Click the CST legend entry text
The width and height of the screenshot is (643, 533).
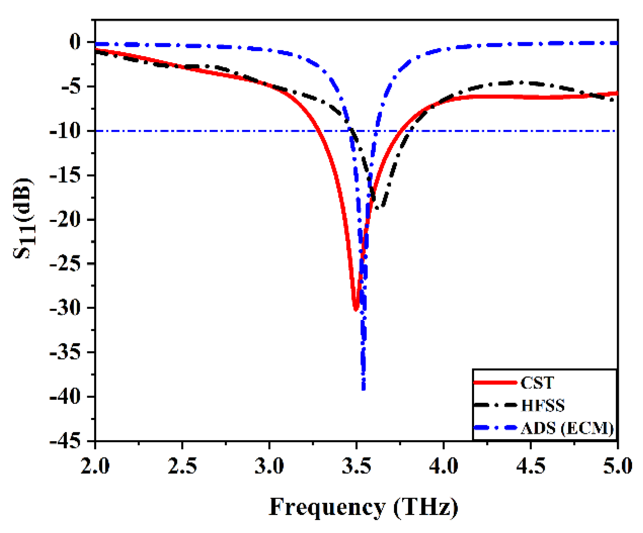pyautogui.click(x=537, y=383)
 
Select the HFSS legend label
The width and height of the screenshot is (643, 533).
pyautogui.click(x=543, y=406)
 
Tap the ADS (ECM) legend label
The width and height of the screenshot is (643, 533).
pyautogui.click(x=567, y=428)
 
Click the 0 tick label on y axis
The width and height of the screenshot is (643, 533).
pyautogui.click(x=75, y=42)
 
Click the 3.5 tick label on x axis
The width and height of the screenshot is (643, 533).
pyautogui.click(x=356, y=466)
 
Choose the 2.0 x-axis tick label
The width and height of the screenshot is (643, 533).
pyautogui.click(x=95, y=466)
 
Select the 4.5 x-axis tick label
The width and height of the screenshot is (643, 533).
pyautogui.click(x=531, y=466)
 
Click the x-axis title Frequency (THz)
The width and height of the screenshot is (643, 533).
pyautogui.click(x=363, y=507)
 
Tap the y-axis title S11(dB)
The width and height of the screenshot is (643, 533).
pyautogui.click(x=24, y=218)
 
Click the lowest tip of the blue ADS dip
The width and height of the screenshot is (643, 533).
pyautogui.click(x=363, y=389)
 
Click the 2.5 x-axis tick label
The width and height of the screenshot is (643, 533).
pyautogui.click(x=182, y=466)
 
